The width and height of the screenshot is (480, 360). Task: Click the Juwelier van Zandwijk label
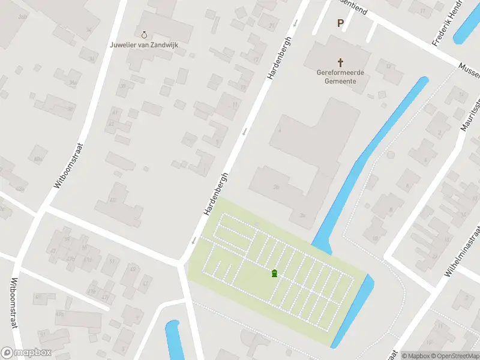(x=144, y=44)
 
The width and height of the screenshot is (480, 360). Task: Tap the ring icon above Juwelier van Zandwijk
(x=144, y=35)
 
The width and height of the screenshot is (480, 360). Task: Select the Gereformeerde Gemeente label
(x=341, y=77)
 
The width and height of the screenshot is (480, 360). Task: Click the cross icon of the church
(x=341, y=62)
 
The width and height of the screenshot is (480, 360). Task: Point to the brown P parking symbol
(x=340, y=23)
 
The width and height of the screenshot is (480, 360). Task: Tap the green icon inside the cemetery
(x=274, y=274)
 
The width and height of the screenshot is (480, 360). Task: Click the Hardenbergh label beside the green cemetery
(x=217, y=193)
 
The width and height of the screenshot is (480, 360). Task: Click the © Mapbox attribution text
(x=415, y=356)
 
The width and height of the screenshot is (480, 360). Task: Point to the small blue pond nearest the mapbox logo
(x=173, y=341)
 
